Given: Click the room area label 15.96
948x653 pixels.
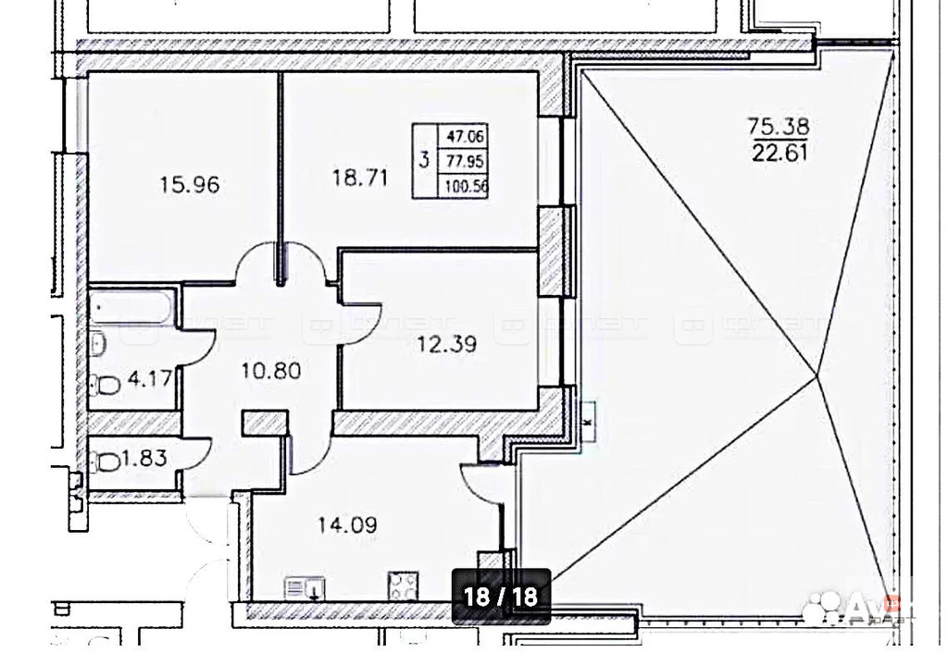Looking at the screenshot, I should tap(189, 184).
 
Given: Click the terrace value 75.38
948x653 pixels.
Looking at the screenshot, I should tap(777, 123).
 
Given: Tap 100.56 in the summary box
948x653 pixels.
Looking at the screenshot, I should tap(467, 186).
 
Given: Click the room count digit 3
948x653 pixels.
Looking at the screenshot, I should tap(423, 160).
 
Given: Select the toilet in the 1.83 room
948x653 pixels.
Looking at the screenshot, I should tap(106, 460).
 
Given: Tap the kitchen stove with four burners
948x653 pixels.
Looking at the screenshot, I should tap(404, 585).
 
